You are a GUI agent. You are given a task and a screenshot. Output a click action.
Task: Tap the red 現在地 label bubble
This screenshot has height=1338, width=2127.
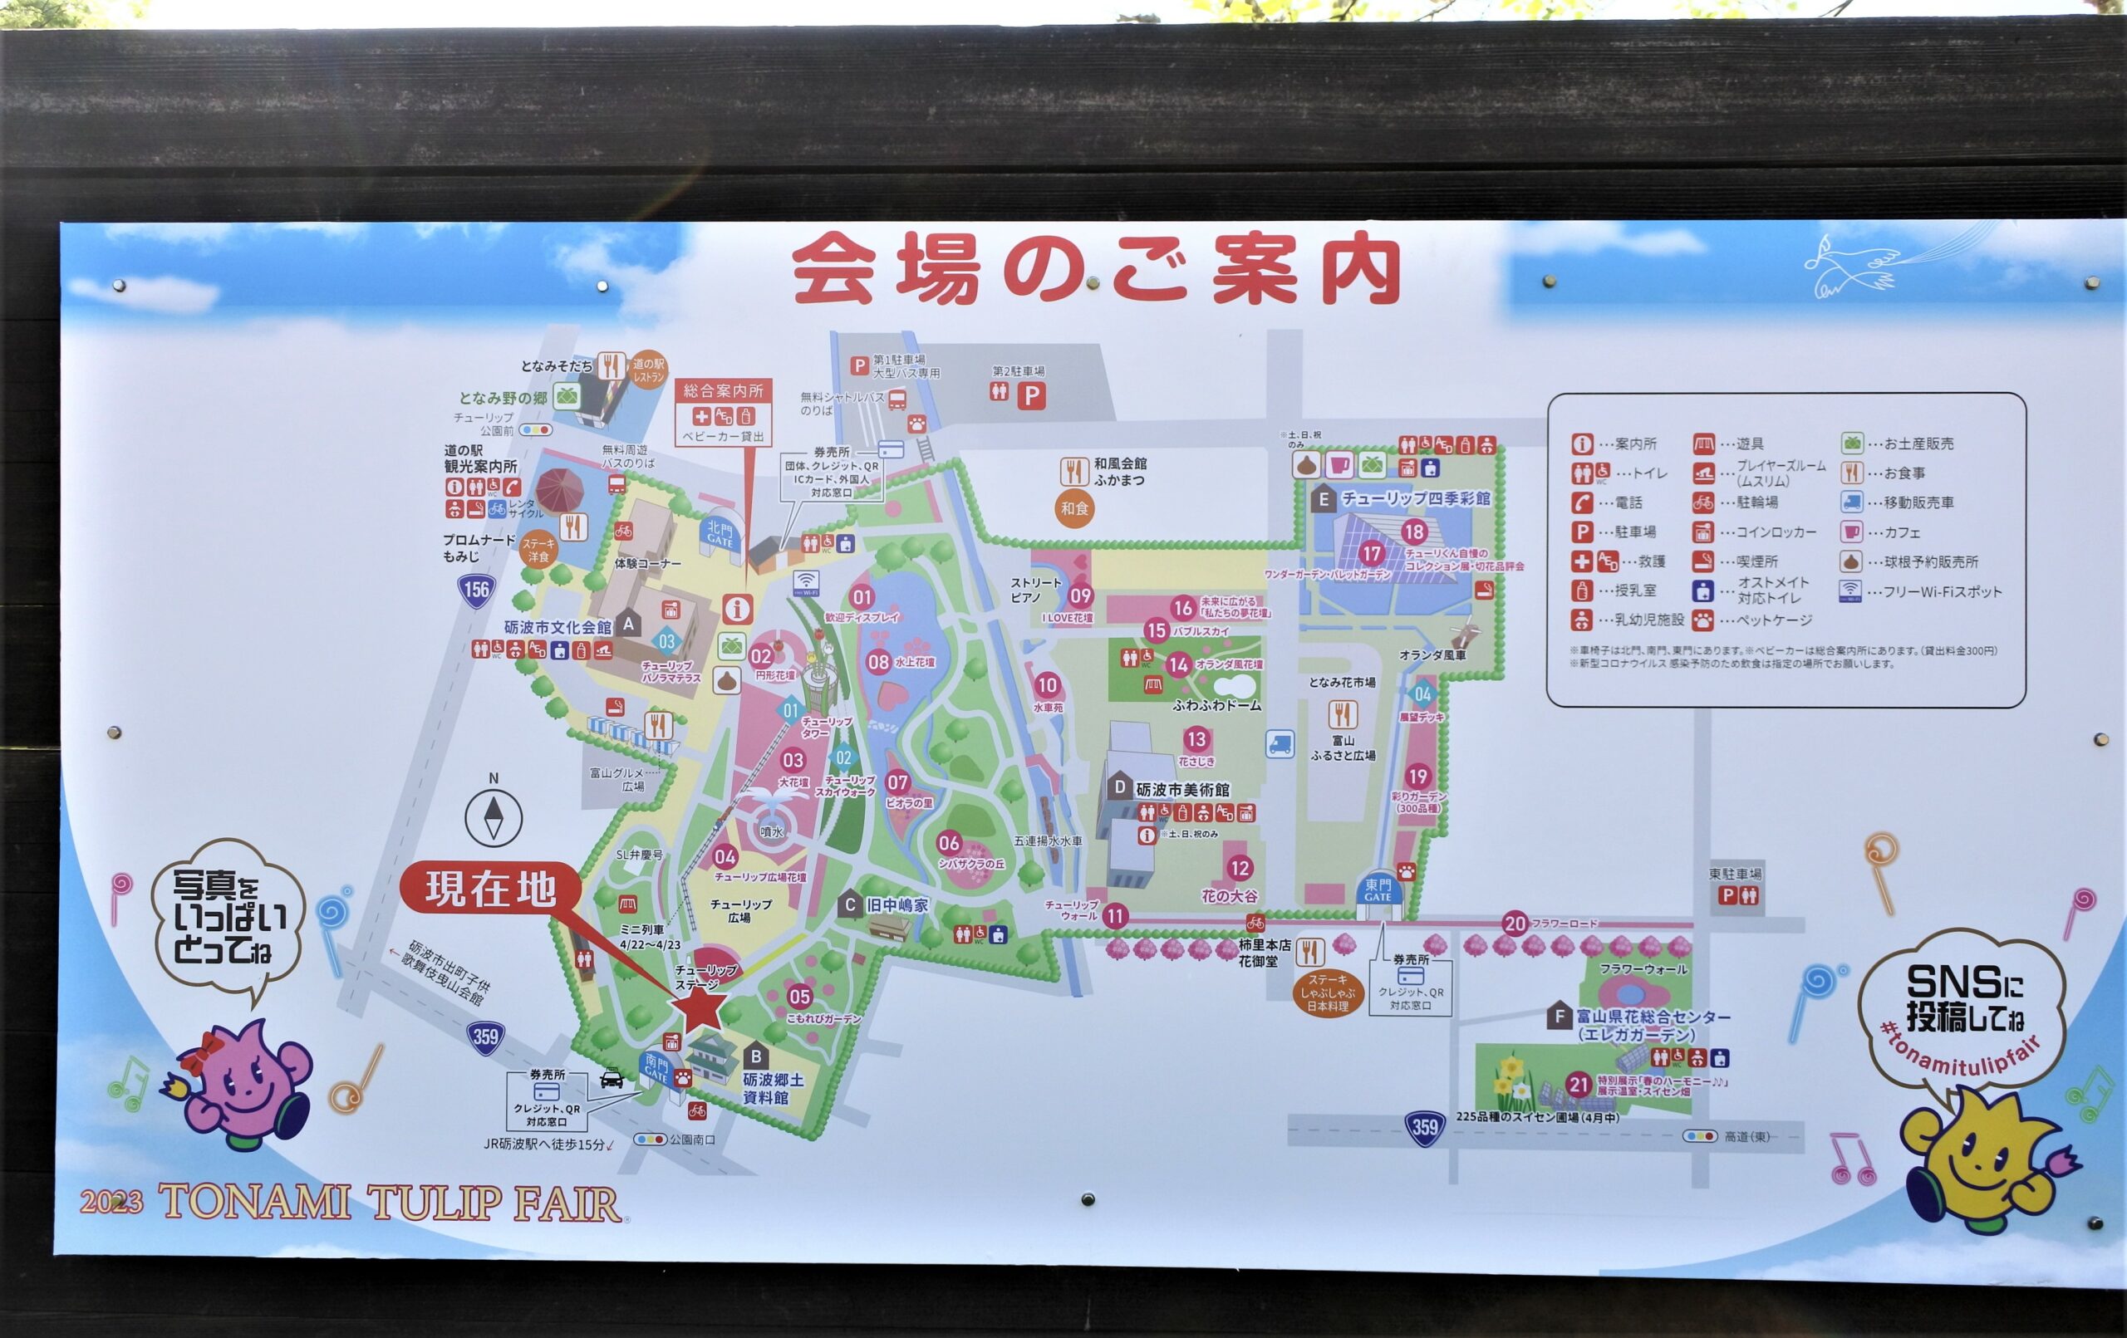(x=491, y=889)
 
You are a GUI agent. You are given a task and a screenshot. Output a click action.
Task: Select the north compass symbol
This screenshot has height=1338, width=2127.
(x=494, y=817)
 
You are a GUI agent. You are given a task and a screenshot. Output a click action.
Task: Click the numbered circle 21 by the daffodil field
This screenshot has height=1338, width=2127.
(x=1578, y=1085)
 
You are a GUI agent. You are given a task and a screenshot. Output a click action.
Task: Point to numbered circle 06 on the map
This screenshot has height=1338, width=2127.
(x=949, y=842)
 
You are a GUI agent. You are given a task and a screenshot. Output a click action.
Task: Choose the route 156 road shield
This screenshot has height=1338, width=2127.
(x=476, y=590)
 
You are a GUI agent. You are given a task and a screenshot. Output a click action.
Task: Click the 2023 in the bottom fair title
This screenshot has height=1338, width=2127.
(x=111, y=1202)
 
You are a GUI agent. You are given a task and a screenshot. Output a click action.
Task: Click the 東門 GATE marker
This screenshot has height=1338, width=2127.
(x=1378, y=890)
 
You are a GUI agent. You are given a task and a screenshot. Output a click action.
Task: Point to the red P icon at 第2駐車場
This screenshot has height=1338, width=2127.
(x=1031, y=395)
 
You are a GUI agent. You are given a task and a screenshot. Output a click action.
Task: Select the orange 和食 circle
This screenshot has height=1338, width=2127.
(x=1074, y=508)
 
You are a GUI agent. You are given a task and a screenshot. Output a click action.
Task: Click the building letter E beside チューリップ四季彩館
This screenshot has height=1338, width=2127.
(x=1322, y=500)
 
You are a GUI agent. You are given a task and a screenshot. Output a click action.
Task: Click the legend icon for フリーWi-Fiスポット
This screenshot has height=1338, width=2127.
(x=1850, y=591)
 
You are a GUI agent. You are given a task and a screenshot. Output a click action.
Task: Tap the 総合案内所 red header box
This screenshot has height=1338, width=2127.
(x=723, y=390)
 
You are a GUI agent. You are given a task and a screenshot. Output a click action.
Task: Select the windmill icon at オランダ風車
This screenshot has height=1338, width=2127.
(x=1464, y=632)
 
